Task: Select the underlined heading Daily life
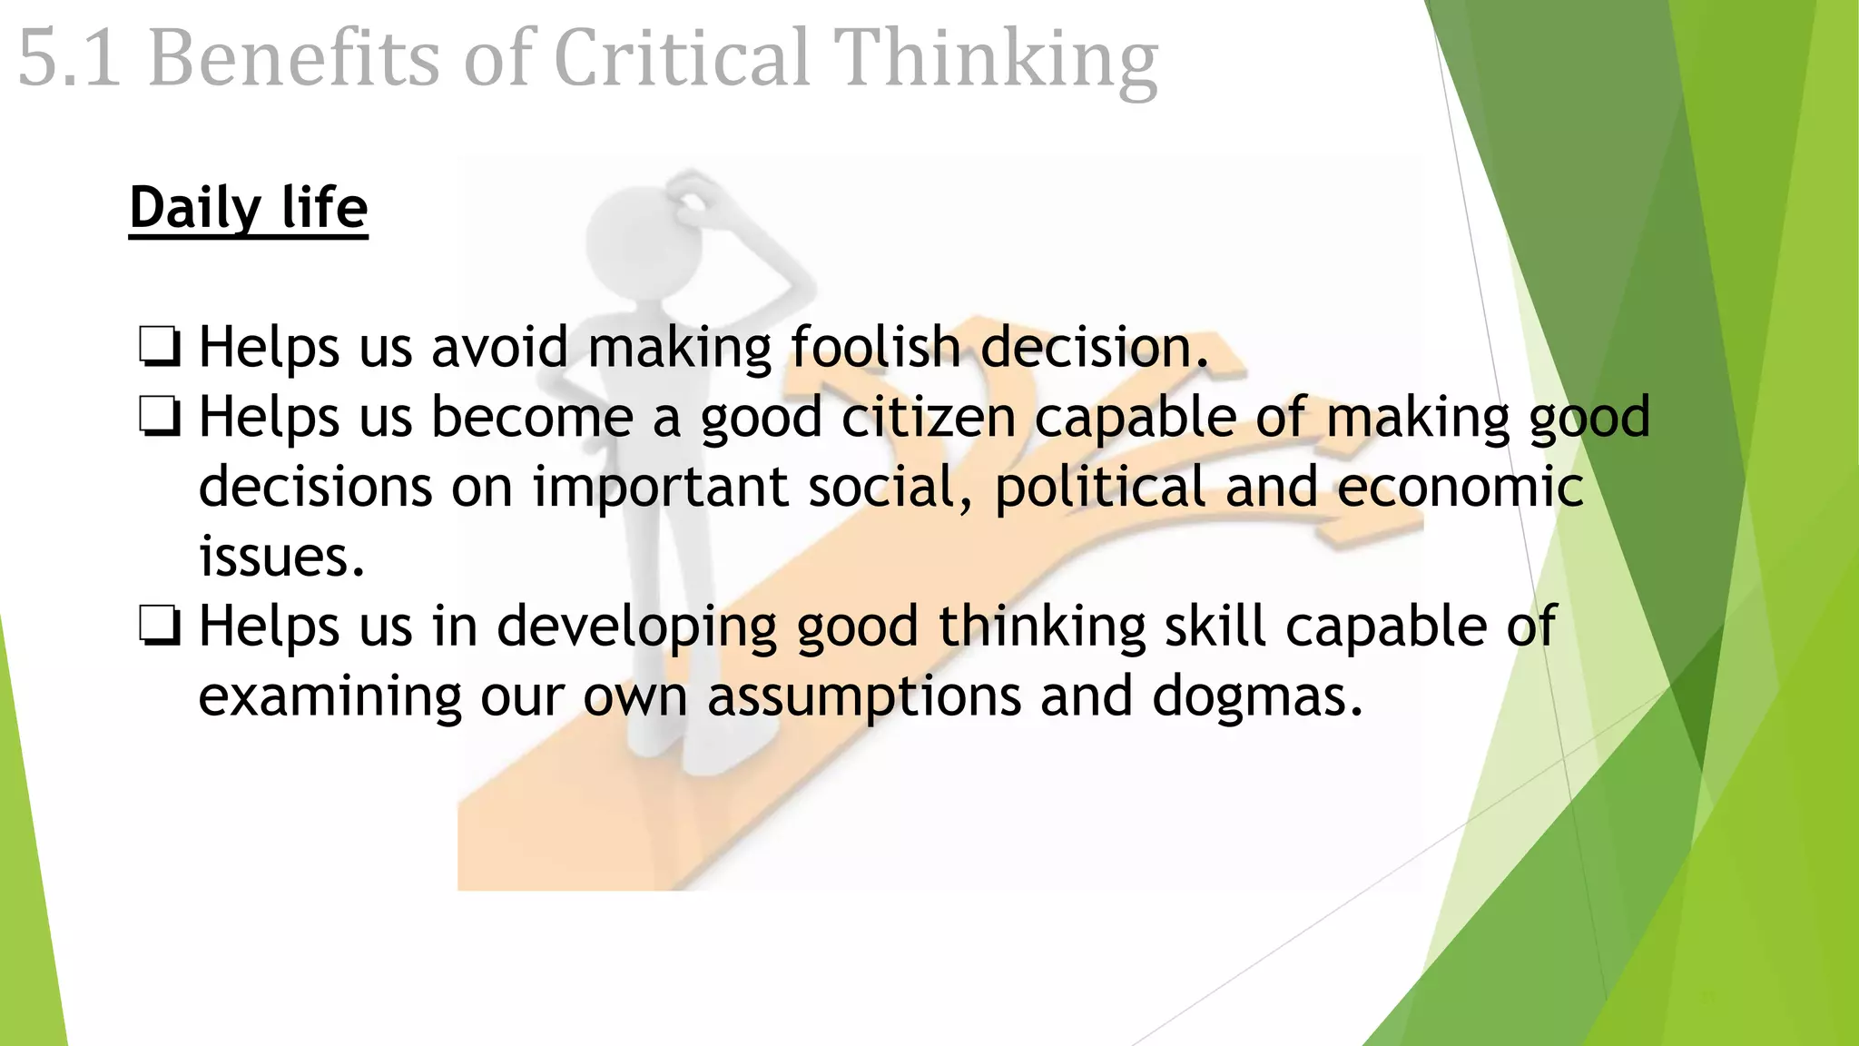coord(248,209)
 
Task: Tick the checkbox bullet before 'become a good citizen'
coord(160,419)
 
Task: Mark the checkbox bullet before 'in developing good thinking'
coord(160,627)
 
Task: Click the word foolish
coord(875,348)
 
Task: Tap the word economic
coord(1460,487)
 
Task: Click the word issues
coord(281,558)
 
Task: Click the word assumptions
coord(863,698)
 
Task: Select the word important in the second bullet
coord(660,488)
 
